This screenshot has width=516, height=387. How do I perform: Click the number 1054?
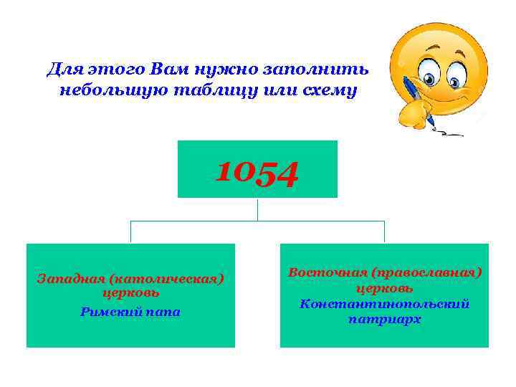257,173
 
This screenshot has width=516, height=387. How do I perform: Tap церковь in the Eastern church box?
384,288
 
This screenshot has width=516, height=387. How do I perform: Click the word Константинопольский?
384,304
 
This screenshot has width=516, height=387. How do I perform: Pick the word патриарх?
384,320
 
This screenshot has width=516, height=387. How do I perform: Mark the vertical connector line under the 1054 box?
257,209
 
